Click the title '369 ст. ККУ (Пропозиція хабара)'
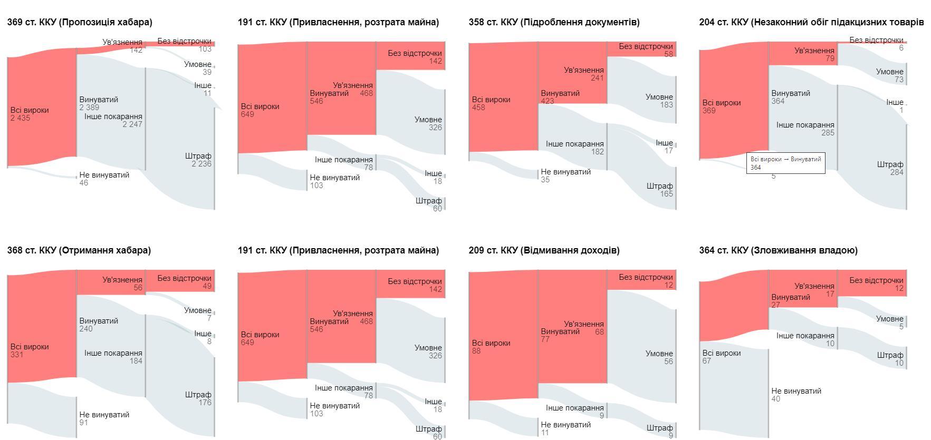tap(80, 22)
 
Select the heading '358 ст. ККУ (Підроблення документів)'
tap(554, 22)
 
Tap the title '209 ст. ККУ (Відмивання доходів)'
tap(544, 250)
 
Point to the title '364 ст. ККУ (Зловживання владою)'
tap(778, 250)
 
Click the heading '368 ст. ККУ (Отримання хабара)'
tap(79, 250)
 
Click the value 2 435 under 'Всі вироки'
tap(21, 118)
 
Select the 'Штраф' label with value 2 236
tap(198, 156)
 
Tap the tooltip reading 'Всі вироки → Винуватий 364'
tap(785, 163)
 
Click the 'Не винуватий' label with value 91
tap(104, 415)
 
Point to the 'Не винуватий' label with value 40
tap(796, 391)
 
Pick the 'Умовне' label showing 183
tap(659, 97)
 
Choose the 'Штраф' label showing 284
tap(890, 164)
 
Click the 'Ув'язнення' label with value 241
tap(583, 70)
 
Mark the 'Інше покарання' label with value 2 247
tap(113, 116)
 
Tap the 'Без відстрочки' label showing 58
tap(646, 46)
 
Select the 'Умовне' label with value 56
tap(659, 354)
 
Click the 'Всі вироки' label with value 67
tap(721, 353)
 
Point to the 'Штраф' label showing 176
tap(198, 395)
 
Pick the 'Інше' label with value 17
tap(664, 143)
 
